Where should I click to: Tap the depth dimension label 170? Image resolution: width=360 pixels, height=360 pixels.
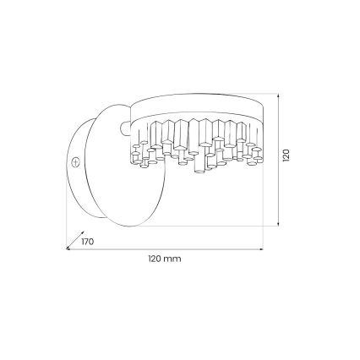[87, 242]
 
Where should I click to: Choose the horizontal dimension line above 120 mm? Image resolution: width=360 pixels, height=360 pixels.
[165, 250]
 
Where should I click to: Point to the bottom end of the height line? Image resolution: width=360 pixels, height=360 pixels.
[279, 226]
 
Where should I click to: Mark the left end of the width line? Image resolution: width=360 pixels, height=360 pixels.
[68, 250]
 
